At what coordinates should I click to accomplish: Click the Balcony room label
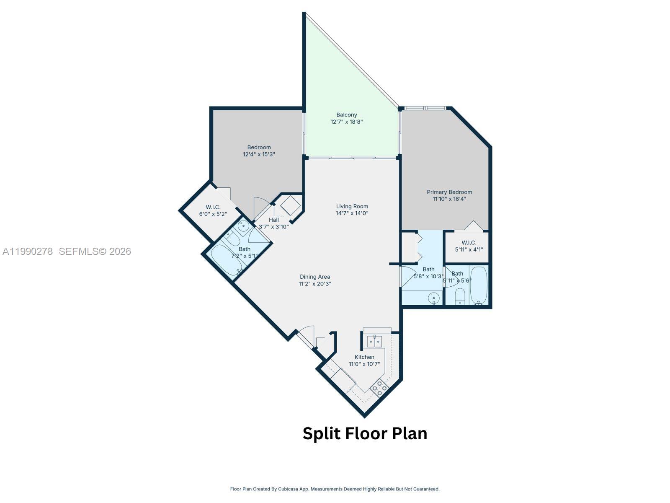click(x=347, y=115)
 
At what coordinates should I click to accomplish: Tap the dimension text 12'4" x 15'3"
click(x=259, y=154)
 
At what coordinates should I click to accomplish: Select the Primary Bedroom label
click(x=449, y=192)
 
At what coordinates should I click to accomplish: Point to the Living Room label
click(x=352, y=206)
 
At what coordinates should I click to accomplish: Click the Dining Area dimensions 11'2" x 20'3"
click(x=315, y=284)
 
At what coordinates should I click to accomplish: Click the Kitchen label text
click(x=364, y=357)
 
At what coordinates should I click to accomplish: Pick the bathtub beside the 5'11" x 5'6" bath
click(x=479, y=285)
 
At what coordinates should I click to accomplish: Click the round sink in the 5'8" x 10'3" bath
click(x=434, y=299)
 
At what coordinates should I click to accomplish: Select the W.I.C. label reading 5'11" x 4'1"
click(x=469, y=246)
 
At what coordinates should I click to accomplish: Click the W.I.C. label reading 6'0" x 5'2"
click(x=213, y=210)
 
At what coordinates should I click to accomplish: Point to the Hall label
click(x=274, y=220)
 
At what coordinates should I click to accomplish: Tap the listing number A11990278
click(x=28, y=251)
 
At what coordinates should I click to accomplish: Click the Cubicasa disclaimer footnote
click(x=335, y=489)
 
